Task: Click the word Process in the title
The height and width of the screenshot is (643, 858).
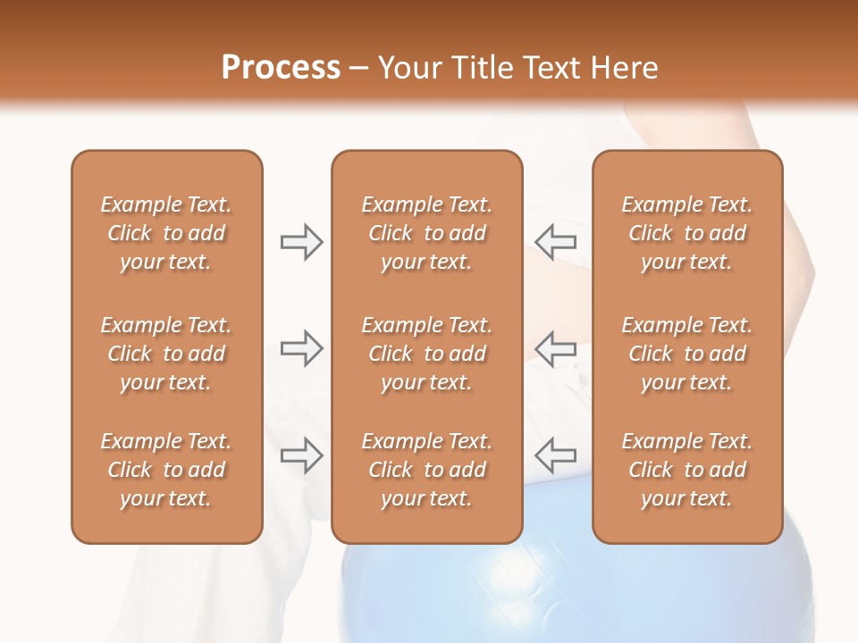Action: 281,68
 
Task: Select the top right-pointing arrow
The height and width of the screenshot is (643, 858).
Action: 302,242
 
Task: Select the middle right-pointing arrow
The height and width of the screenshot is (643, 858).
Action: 302,348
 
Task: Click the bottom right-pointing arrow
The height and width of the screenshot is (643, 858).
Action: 302,455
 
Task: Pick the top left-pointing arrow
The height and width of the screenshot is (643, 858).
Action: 555,242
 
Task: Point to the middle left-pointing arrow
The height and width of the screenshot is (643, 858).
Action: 555,348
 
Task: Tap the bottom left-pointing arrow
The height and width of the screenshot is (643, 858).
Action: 555,455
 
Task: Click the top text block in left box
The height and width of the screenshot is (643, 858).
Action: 166,233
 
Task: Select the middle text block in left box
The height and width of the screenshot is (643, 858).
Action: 166,354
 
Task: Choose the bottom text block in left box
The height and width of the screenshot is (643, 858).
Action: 166,470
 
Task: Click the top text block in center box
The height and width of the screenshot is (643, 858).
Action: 426,233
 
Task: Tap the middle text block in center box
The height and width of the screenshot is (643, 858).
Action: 426,354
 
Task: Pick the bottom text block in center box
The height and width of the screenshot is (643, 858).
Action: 426,470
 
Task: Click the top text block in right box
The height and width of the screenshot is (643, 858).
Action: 686,233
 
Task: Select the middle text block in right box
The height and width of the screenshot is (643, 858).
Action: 686,354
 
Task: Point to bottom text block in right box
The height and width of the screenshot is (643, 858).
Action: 686,470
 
